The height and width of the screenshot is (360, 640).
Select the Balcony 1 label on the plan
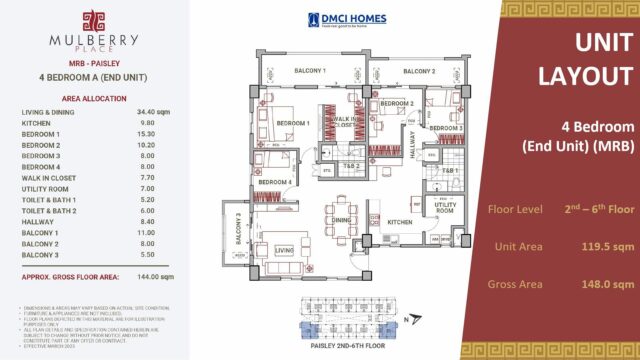click(310, 71)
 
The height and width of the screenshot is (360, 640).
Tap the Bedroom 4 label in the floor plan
click(275, 183)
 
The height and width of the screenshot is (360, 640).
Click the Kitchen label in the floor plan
click(400, 222)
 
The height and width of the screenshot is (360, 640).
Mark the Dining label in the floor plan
click(342, 219)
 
